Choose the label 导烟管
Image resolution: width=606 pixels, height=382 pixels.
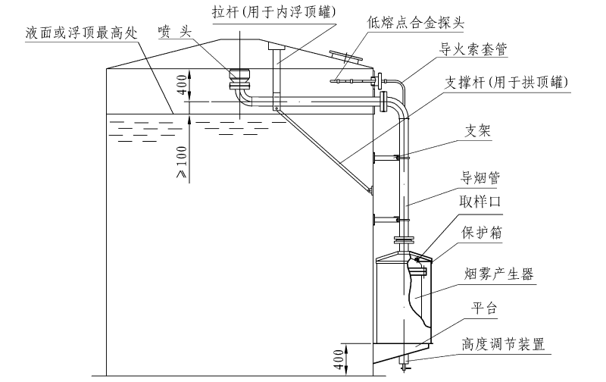point(480,177)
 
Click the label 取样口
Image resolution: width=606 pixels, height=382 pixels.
point(480,202)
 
